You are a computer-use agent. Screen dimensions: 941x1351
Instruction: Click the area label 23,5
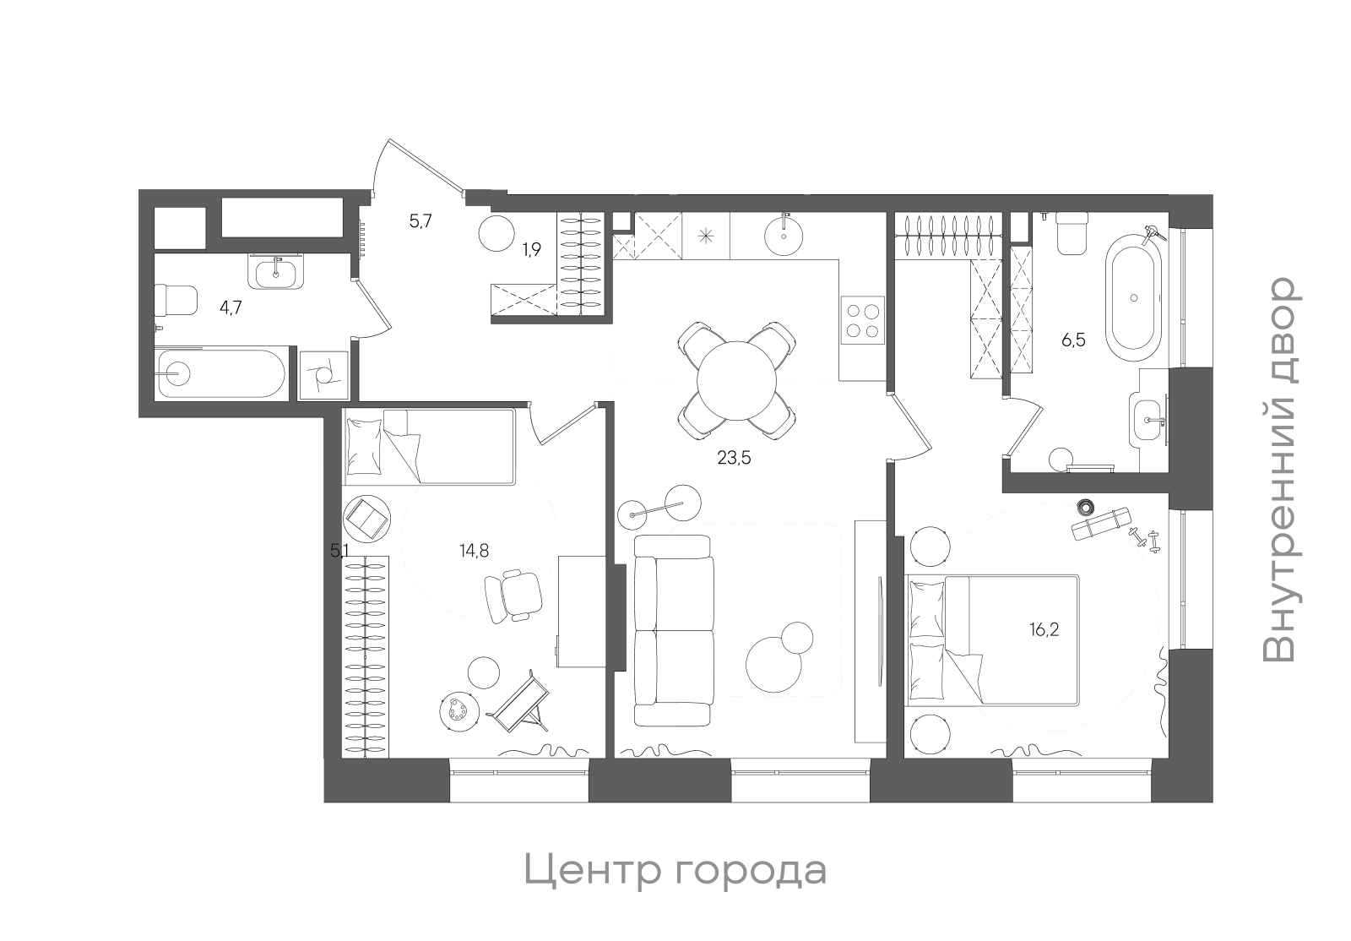pyautogui.click(x=734, y=459)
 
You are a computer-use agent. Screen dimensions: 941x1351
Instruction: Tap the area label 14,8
pyautogui.click(x=474, y=551)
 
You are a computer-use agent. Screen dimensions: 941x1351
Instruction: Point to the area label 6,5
pyautogui.click(x=1073, y=341)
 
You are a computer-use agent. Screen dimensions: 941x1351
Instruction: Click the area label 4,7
pyautogui.click(x=231, y=307)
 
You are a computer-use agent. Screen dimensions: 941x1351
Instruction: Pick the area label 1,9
pyautogui.click(x=531, y=249)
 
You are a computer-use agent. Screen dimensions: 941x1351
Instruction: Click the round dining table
pyautogui.click(x=736, y=380)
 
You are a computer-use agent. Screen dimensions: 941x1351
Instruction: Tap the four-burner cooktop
pyautogui.click(x=862, y=321)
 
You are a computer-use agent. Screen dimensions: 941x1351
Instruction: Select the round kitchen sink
pyautogui.click(x=785, y=234)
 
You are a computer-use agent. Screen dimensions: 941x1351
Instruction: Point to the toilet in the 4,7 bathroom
pyautogui.click(x=177, y=300)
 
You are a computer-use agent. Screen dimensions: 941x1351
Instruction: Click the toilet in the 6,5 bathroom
pyautogui.click(x=1073, y=233)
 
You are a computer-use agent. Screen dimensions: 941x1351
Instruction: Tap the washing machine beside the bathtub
pyautogui.click(x=324, y=374)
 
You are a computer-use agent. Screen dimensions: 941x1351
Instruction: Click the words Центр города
pyautogui.click(x=675, y=871)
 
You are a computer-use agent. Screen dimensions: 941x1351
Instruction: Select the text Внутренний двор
pyautogui.click(x=1279, y=470)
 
